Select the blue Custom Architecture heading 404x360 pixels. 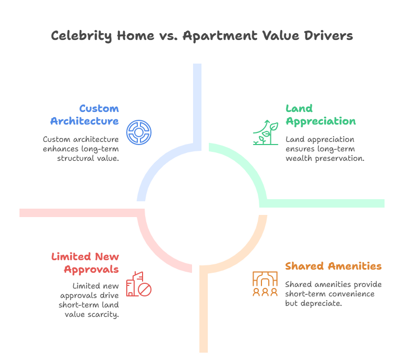point(85,115)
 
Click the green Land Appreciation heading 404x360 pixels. point(320,115)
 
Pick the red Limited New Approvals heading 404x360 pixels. point(85,263)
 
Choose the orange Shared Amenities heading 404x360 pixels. point(334,266)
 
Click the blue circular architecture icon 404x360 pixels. point(139,132)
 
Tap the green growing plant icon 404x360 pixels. point(266,132)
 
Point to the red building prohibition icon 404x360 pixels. point(138,283)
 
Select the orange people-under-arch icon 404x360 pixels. point(265,284)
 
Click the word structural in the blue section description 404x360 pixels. point(72,158)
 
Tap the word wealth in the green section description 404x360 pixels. point(298,158)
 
